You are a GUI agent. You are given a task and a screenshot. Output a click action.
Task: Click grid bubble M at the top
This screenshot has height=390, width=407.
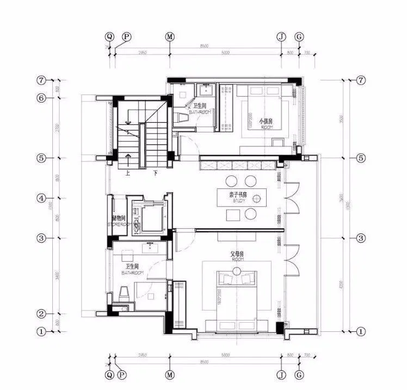tap(170, 36)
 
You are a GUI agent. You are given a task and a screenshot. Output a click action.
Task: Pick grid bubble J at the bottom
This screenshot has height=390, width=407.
tap(281, 375)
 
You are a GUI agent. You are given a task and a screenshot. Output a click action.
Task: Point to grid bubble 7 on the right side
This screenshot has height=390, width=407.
tap(361, 80)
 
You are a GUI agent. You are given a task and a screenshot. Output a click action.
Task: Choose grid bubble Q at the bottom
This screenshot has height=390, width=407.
tap(110, 375)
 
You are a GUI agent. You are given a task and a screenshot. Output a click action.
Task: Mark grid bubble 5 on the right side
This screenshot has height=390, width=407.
tap(361, 158)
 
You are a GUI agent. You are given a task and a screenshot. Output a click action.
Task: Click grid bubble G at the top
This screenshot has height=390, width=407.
tap(299, 36)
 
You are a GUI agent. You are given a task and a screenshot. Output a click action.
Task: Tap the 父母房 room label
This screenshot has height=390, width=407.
tap(236, 254)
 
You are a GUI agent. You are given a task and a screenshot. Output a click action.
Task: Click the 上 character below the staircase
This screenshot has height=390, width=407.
tap(127, 174)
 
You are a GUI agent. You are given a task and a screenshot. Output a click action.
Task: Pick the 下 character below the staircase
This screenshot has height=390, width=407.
tap(156, 174)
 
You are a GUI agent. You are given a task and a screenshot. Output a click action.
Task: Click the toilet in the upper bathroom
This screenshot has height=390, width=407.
tap(184, 115)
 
